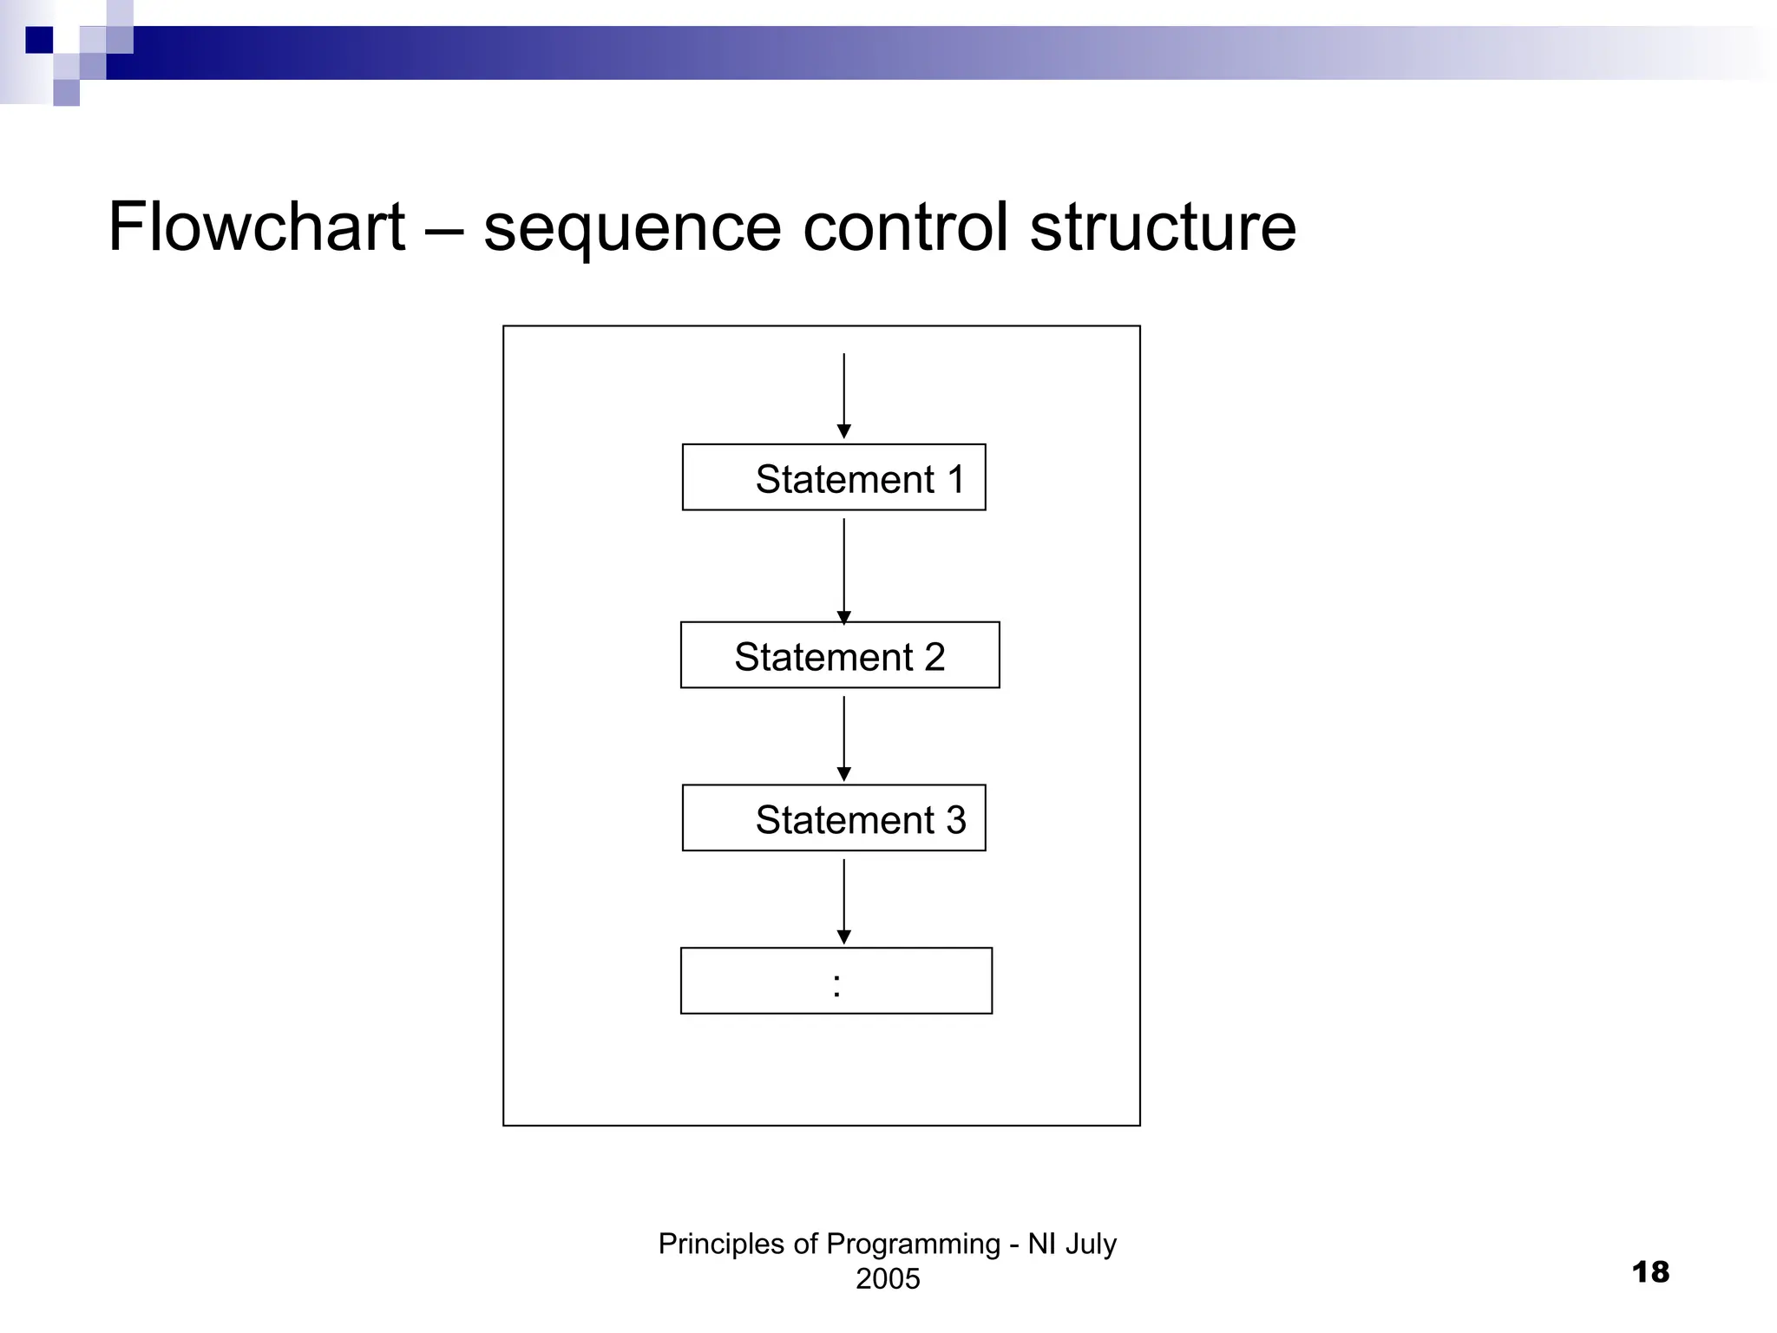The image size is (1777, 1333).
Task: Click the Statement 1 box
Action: tap(833, 477)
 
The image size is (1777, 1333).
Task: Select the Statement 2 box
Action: tap(839, 655)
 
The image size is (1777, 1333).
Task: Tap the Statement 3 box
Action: tap(833, 818)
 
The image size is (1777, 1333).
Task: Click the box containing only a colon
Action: tap(836, 981)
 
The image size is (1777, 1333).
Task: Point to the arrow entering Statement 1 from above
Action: tap(843, 395)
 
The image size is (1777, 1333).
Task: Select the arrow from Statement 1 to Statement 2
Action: tap(843, 568)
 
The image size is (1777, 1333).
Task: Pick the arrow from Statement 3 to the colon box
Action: tap(843, 899)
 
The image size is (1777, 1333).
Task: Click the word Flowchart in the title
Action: tap(257, 227)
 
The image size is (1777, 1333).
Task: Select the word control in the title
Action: tap(906, 227)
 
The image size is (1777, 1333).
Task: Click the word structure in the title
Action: tap(1163, 227)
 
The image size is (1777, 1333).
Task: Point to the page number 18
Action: tap(1650, 1272)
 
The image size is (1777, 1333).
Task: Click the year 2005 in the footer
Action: tap(888, 1278)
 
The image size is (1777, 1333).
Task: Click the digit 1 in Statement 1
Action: tap(956, 479)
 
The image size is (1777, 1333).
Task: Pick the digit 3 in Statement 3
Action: tap(956, 820)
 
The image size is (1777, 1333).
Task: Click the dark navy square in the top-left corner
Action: tap(39, 40)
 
